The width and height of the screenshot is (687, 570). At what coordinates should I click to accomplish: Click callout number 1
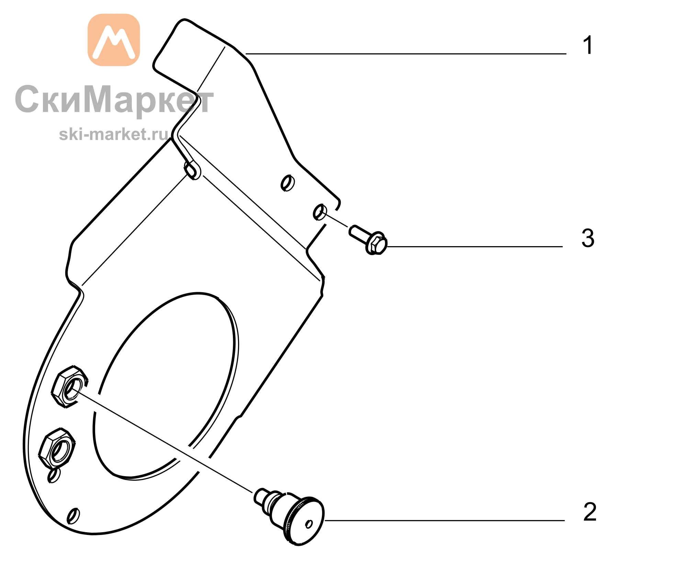coord(588,45)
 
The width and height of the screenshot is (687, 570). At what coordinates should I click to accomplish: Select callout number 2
coord(590,512)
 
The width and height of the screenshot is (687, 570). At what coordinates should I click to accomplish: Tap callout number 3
coord(588,238)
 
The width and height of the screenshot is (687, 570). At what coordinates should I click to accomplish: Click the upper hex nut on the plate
coord(70,387)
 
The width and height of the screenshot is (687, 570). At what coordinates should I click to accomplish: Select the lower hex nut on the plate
coord(57,448)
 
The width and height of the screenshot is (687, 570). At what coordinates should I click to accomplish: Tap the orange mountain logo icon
coord(114,40)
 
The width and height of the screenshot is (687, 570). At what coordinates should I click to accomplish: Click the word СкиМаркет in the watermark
coord(114,100)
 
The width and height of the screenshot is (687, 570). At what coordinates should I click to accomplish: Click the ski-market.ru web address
coord(114,134)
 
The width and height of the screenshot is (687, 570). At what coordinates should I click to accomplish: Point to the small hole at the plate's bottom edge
coord(73,516)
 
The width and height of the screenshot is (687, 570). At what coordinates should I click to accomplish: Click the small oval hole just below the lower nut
coord(54,475)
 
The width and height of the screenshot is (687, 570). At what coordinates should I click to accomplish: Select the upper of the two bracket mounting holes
coord(288,183)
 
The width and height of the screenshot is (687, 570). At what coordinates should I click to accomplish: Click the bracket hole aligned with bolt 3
coord(320,212)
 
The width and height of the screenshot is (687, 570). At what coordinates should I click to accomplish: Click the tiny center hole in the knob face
coord(309,524)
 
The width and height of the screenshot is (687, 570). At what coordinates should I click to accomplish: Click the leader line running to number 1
coord(406,54)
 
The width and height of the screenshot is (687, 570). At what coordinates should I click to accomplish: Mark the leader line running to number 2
coord(445,520)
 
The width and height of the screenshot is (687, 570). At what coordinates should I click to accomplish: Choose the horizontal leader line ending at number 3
coord(475,246)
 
